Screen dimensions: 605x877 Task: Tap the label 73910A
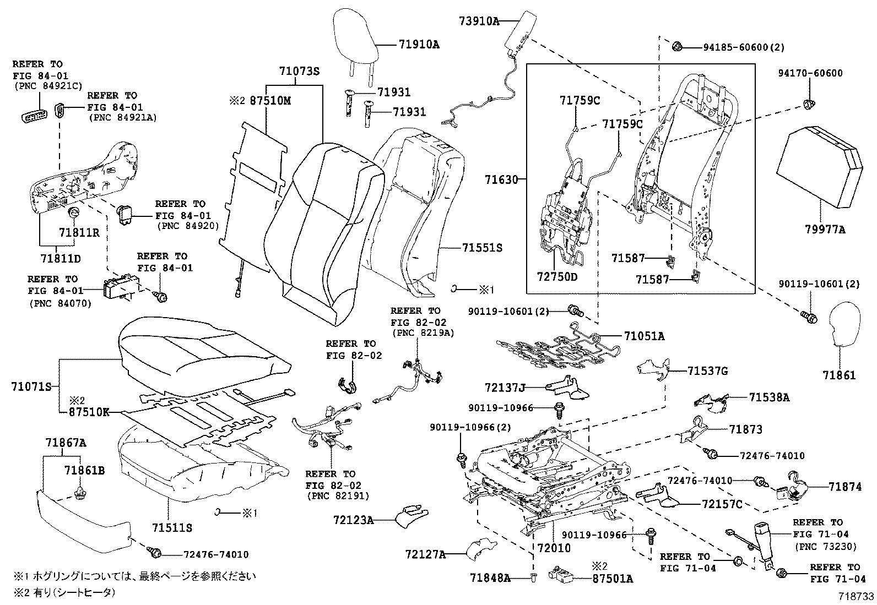tap(478, 21)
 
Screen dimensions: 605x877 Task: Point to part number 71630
tap(502, 179)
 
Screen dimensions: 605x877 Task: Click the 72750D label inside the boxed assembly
tap(557, 276)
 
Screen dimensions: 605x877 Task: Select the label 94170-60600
tap(810, 73)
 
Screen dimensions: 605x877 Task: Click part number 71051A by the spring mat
tap(644, 336)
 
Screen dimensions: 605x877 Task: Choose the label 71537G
tap(707, 372)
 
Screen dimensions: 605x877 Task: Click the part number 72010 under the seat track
tap(554, 548)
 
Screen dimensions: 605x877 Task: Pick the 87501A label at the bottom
tap(613, 578)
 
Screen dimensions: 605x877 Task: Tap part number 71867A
tap(66, 443)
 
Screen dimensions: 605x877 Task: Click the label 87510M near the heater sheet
tap(269, 101)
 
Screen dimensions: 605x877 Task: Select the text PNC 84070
tap(60, 303)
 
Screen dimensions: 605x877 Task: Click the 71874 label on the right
tap(845, 487)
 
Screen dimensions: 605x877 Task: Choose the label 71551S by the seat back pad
tap(482, 248)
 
